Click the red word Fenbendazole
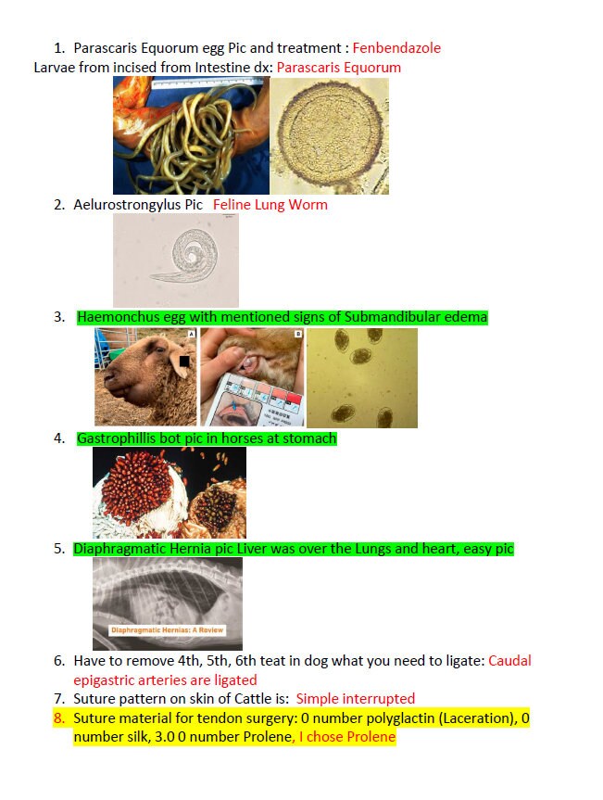click(x=396, y=48)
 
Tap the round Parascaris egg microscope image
click(x=329, y=135)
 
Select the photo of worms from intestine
click(x=191, y=135)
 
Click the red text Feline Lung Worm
click(x=270, y=205)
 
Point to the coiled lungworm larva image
click(x=175, y=260)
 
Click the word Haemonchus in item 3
click(x=118, y=318)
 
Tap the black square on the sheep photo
click(x=185, y=361)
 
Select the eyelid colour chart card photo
click(x=252, y=377)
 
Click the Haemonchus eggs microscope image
click(x=361, y=377)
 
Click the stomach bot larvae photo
click(x=169, y=492)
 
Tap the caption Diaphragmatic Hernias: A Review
click(x=167, y=630)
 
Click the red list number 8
click(x=59, y=718)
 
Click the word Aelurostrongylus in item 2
click(x=130, y=205)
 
